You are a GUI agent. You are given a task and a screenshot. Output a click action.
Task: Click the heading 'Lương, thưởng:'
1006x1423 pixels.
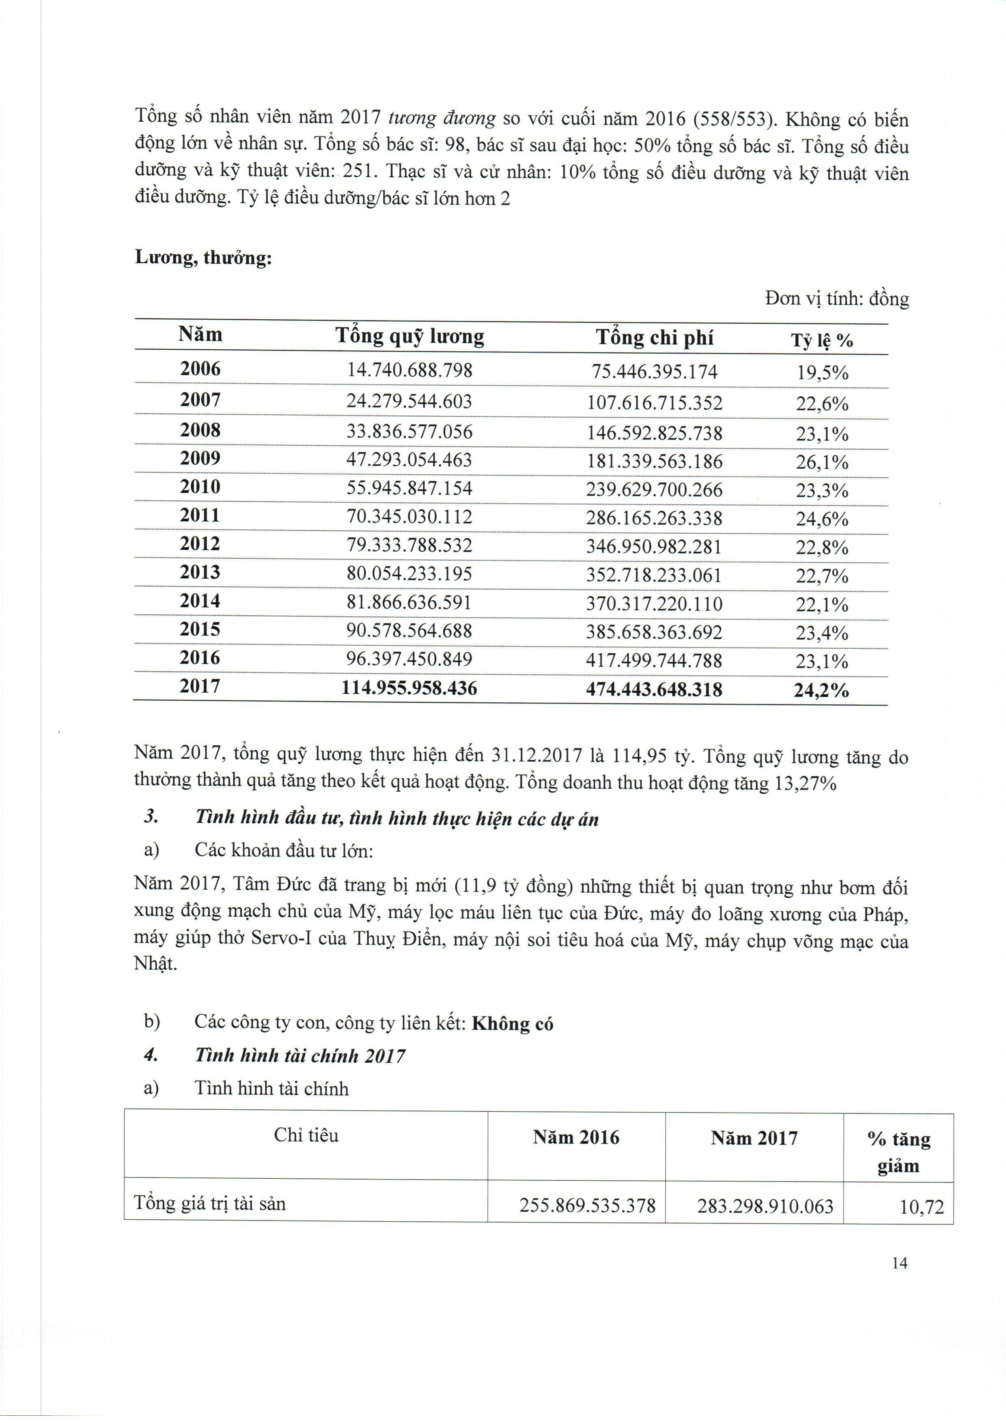tap(203, 258)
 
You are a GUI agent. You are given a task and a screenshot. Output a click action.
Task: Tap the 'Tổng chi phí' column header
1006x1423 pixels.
tap(655, 338)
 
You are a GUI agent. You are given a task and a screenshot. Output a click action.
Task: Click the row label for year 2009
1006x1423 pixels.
tap(200, 459)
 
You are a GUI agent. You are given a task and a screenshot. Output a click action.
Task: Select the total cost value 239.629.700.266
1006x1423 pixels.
tap(655, 490)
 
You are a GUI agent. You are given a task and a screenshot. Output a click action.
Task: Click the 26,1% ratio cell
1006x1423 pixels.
tap(822, 462)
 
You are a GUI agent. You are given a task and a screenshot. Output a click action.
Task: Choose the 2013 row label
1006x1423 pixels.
tap(200, 573)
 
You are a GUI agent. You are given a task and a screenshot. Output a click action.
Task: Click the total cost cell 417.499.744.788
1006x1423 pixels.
tap(655, 661)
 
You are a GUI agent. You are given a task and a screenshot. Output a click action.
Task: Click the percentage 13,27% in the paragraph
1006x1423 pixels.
tap(805, 784)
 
